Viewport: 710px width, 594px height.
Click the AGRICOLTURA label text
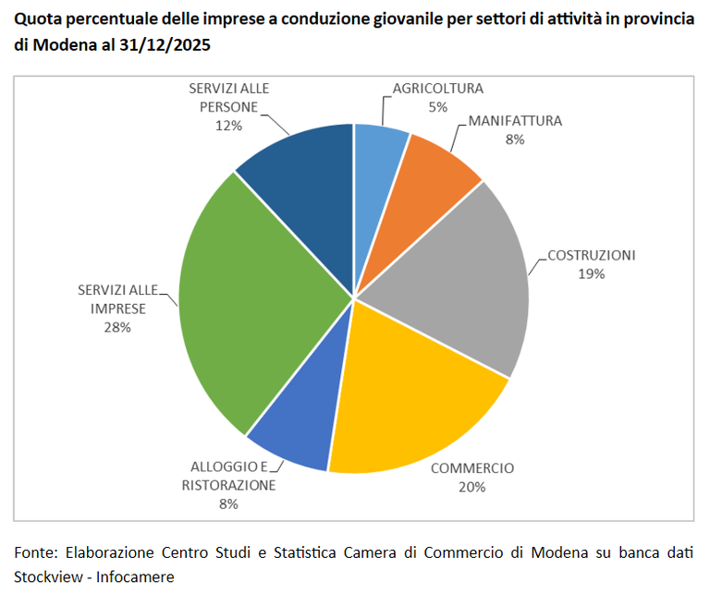pos(437,89)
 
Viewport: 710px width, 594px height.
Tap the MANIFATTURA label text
pos(515,121)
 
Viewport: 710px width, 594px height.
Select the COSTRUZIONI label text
pos(592,255)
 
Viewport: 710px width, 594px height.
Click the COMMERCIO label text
pos(472,467)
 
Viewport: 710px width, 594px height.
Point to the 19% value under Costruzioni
pos(592,273)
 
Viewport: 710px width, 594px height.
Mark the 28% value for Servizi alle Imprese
pos(117,327)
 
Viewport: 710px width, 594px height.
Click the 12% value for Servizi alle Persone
pos(228,125)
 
